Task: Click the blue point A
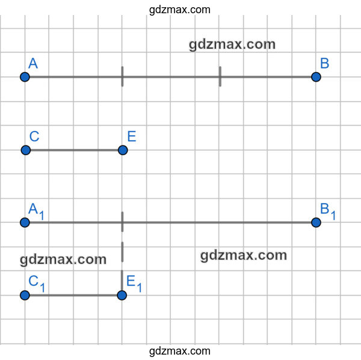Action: [25, 77]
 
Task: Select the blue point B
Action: [316, 77]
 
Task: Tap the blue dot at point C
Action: [26, 150]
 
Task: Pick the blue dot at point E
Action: [123, 150]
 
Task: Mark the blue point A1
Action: [25, 222]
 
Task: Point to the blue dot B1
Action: [316, 222]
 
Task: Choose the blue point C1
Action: [25, 295]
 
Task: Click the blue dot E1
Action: [122, 295]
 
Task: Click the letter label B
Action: [325, 63]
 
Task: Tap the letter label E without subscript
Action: [132, 136]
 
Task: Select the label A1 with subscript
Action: [36, 211]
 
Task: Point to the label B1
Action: [328, 211]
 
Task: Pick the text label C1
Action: [36, 284]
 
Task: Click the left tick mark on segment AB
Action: [122, 76]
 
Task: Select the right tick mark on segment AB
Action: [220, 76]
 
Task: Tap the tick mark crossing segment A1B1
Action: [122, 222]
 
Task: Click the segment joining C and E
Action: [74, 150]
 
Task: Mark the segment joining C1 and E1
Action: [73, 295]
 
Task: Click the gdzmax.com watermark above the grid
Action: [179, 10]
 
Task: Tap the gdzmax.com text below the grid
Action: [179, 351]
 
